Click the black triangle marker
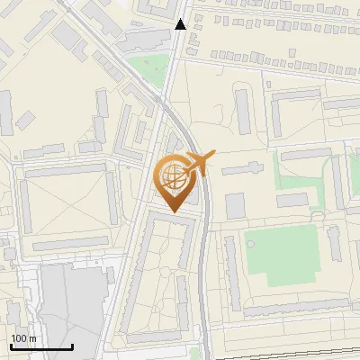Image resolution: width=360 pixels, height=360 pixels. click(181, 24)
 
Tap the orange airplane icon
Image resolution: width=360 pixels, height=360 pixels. click(198, 162)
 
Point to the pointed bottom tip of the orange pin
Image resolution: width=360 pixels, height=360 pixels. click(171, 211)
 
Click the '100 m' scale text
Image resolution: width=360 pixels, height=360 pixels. click(23, 338)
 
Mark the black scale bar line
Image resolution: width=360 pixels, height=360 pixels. click(41, 346)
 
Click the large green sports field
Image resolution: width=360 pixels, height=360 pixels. click(280, 256)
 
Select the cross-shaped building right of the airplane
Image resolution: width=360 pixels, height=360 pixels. click(252, 168)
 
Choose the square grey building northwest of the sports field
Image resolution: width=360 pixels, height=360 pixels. click(235, 206)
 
